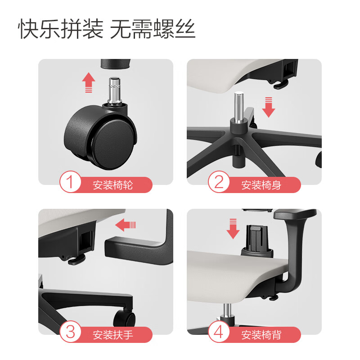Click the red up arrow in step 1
[89, 82]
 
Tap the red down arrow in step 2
[268, 108]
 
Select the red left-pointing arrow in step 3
[126, 225]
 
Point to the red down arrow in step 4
[233, 229]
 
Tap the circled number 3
[70, 332]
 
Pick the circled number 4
[219, 332]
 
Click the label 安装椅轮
[113, 185]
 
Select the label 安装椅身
[261, 185]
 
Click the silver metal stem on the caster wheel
[114, 91]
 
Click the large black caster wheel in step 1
[100, 137]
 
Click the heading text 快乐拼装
[61, 29]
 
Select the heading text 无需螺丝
[153, 29]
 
